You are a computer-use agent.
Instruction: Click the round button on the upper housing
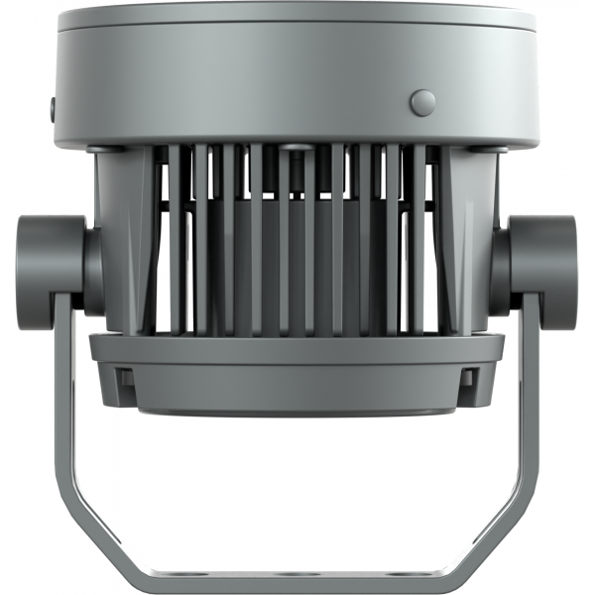pyautogui.click(x=423, y=101)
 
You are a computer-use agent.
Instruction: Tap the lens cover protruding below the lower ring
pyautogui.click(x=297, y=402)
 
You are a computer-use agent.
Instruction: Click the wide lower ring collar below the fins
pyautogui.click(x=297, y=357)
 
